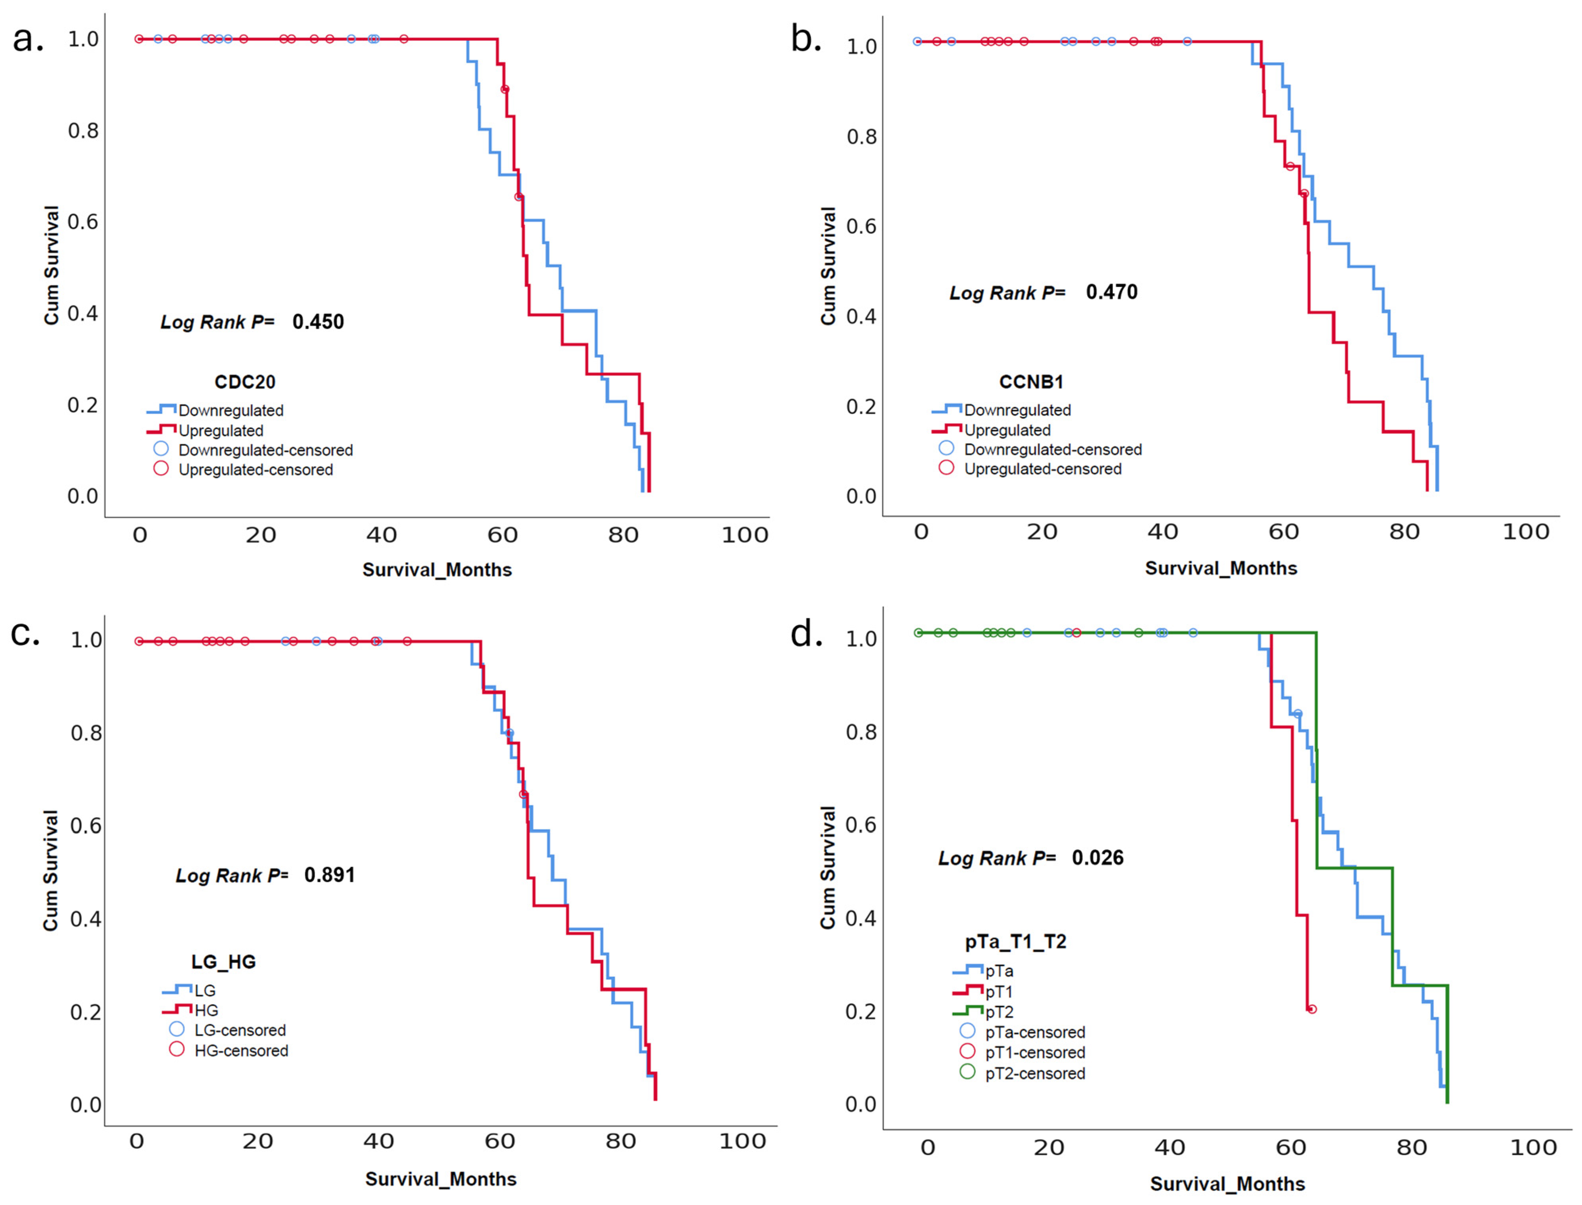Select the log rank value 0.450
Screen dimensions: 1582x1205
point(318,321)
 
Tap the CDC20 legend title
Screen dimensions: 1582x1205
point(245,381)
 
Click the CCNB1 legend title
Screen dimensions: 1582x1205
point(1031,381)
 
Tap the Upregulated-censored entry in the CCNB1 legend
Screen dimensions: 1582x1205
point(1030,468)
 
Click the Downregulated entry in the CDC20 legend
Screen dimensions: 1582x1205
point(215,410)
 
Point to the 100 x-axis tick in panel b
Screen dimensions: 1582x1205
point(1526,532)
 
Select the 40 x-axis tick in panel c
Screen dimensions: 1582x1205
point(378,1141)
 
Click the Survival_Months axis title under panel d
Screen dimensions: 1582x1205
point(1227,1184)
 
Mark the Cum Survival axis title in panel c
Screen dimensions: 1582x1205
point(50,871)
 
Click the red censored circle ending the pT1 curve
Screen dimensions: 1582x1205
point(1311,1009)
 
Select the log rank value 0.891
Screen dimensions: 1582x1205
point(329,875)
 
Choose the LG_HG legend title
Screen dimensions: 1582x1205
point(223,962)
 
